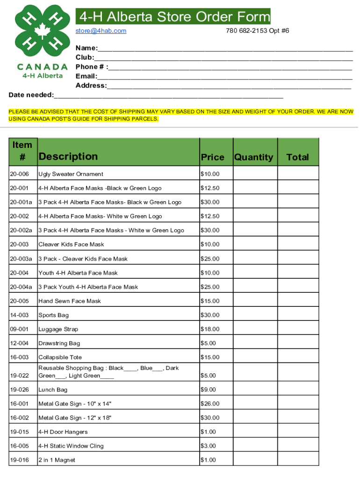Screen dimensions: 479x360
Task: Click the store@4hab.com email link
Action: pos(101,31)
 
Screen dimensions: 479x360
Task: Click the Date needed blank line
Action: pos(168,95)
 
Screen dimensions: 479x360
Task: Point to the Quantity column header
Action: pos(253,157)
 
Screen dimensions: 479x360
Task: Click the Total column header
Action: pos(298,157)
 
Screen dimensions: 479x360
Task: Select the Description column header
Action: pos(68,156)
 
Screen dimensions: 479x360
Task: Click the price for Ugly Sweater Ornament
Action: pos(210,174)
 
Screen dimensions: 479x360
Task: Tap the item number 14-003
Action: pos(19,315)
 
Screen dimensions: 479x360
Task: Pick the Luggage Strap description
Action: pos(58,329)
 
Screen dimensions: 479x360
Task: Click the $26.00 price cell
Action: pos(210,404)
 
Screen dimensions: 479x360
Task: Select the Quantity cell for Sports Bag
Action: pos(255,315)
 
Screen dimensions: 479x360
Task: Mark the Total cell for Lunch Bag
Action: pos(298,390)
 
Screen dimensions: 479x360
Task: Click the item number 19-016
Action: pos(19,460)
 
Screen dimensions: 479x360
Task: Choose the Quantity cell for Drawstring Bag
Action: pos(255,343)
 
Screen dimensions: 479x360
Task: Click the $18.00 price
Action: pos(210,329)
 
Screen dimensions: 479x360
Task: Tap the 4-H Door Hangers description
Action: pos(63,432)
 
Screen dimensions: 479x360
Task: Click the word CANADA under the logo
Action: pos(42,67)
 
